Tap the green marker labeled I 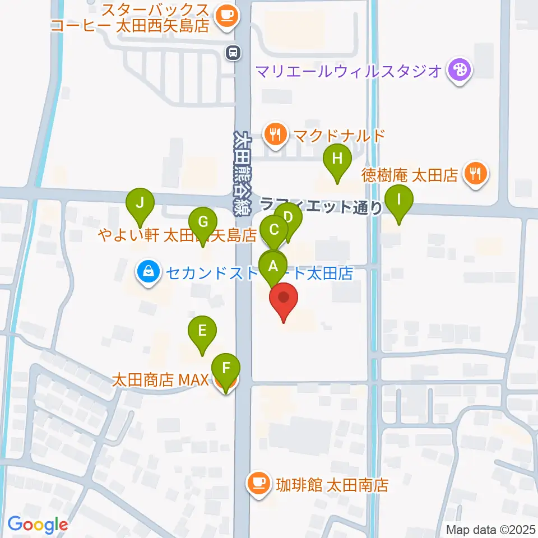399,200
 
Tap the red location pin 284,298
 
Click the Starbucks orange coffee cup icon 226,15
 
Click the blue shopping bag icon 147,273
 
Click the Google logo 38,525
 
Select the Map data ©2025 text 490,530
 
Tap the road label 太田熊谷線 242,163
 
